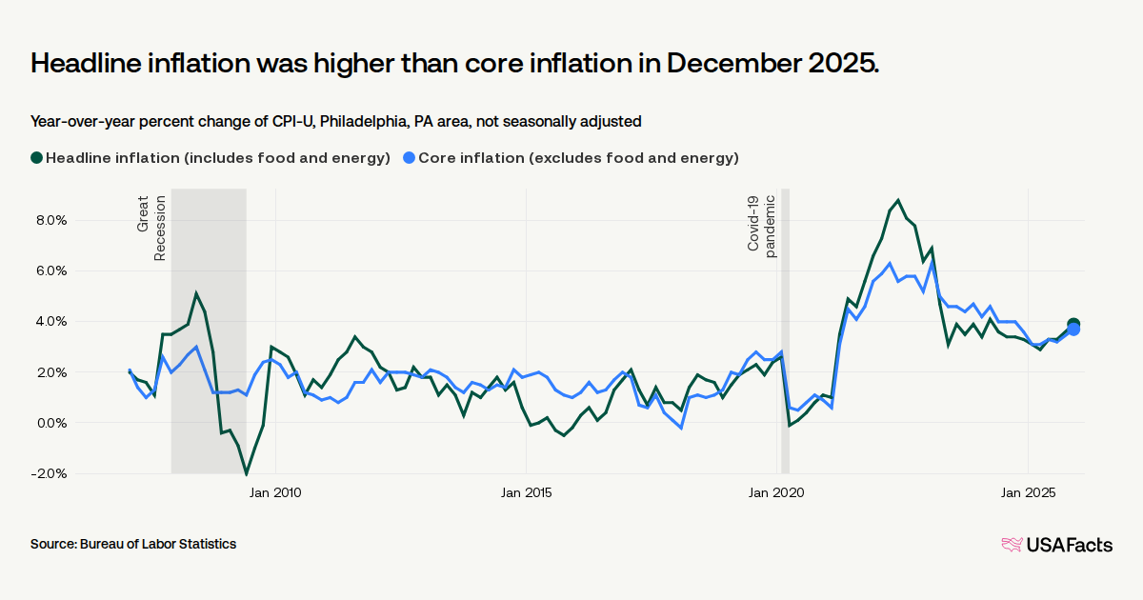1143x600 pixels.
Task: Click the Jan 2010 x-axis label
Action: coord(275,492)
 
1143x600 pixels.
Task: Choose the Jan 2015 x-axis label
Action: coord(527,492)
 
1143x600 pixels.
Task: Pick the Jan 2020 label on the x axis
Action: coord(777,492)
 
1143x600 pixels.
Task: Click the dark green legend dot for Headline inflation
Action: coord(37,158)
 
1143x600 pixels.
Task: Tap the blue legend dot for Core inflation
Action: coord(409,158)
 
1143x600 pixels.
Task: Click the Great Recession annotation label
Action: coord(151,228)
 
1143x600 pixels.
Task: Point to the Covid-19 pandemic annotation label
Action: coord(762,224)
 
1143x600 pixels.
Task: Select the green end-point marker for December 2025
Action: coord(1073,325)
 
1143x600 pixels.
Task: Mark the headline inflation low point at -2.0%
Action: coord(247,473)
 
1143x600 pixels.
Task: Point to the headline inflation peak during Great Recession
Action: coord(196,293)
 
